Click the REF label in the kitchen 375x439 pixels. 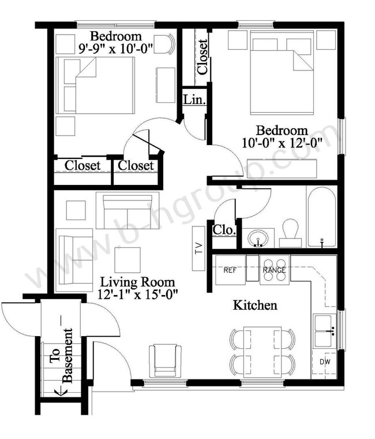pos(230,270)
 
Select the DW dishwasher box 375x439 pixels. pos(325,363)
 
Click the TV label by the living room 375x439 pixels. pos(198,249)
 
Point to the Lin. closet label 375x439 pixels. pos(194,99)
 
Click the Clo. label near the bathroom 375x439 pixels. pos(224,230)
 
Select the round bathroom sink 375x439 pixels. pos(257,237)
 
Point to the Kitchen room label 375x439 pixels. pos(254,305)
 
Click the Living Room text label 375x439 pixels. pos(137,282)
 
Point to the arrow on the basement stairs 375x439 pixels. pos(58,393)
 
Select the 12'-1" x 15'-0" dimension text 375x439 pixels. pos(138,293)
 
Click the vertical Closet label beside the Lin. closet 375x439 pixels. pos(202,56)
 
